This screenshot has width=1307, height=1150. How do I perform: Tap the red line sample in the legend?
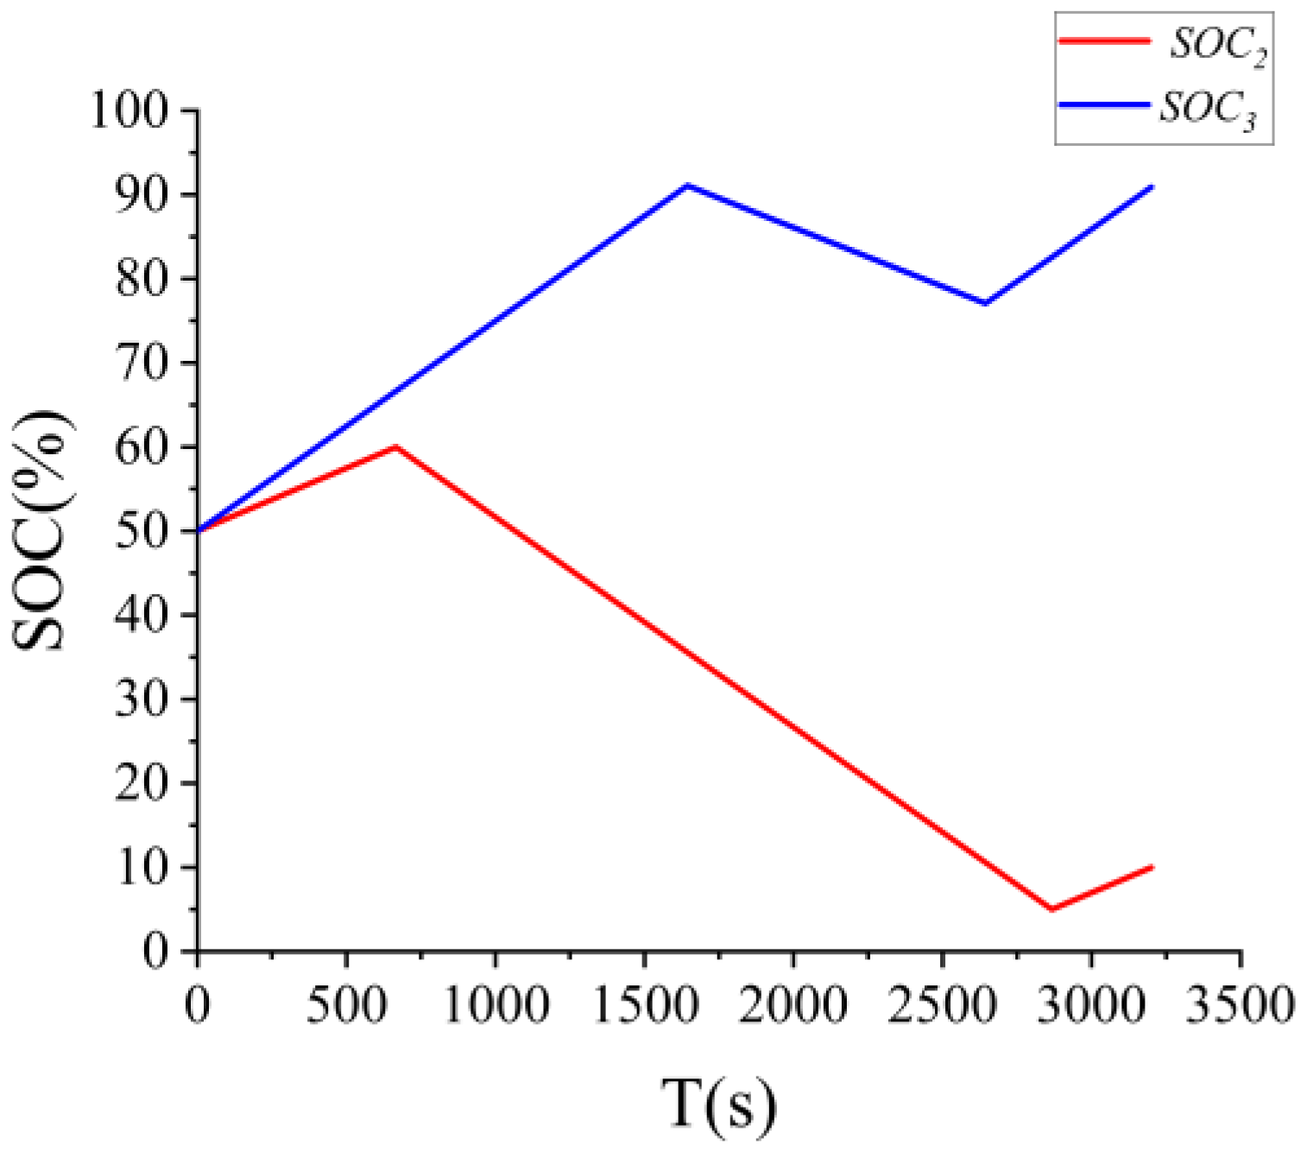click(x=1104, y=41)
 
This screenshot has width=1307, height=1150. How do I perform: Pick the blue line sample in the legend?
click(x=1104, y=104)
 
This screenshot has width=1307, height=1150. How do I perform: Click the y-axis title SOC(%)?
click(x=41, y=530)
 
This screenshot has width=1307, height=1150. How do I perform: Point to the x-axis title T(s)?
click(x=718, y=1104)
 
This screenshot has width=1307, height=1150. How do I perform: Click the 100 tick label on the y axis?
click(x=129, y=111)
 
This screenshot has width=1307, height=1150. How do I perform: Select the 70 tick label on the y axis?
click(x=141, y=363)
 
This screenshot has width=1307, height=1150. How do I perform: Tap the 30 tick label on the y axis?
click(x=141, y=699)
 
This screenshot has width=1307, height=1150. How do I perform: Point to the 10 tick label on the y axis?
click(x=141, y=868)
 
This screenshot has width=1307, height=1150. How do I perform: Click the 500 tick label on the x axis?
click(x=346, y=1005)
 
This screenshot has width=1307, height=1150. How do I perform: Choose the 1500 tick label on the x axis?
click(x=644, y=1005)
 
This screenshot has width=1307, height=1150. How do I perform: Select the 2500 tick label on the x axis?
click(x=942, y=1005)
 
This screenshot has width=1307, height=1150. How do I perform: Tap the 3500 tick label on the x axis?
click(x=1240, y=1005)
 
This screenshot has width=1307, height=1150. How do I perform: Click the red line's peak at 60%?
click(x=396, y=446)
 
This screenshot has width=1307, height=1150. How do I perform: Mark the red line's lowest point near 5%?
click(x=1051, y=909)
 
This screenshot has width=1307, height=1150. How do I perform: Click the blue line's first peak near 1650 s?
click(x=687, y=186)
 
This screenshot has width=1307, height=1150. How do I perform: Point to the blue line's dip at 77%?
click(x=985, y=303)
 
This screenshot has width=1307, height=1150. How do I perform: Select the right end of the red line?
click(x=1152, y=867)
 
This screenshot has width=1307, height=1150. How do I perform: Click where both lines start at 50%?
click(x=199, y=530)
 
